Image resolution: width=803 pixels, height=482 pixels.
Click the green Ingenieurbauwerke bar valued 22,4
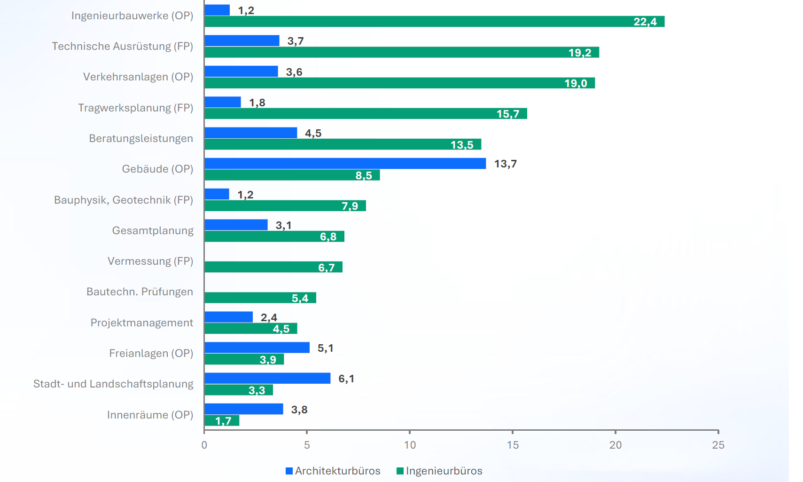(434, 22)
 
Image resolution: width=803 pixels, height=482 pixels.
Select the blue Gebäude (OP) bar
(345, 163)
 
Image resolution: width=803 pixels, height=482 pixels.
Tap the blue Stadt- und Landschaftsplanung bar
(267, 379)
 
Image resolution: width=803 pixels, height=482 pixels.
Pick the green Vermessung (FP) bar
(273, 267)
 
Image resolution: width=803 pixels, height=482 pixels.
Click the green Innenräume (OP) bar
(222, 420)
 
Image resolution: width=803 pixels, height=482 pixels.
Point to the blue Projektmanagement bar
(228, 317)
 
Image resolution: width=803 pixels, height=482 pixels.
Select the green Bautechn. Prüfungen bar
(260, 298)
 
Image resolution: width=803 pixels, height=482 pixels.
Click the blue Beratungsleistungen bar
(250, 133)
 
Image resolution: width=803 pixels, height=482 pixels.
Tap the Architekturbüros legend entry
(333, 471)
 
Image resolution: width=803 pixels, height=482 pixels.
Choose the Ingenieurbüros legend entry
(439, 471)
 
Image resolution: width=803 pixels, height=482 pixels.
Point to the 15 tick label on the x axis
(513, 445)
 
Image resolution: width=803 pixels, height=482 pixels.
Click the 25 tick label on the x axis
(718, 445)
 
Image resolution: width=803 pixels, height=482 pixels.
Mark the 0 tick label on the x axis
(204, 445)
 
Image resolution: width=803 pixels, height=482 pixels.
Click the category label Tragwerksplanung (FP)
(136, 108)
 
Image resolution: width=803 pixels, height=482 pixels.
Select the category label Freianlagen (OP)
(151, 353)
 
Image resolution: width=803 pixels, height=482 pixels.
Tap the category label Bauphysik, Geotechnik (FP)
(124, 200)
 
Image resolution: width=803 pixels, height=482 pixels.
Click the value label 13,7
(505, 164)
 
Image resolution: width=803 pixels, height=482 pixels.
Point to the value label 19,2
(580, 53)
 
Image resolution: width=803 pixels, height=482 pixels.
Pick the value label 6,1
(346, 379)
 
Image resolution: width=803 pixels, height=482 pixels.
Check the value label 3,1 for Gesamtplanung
(283, 225)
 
